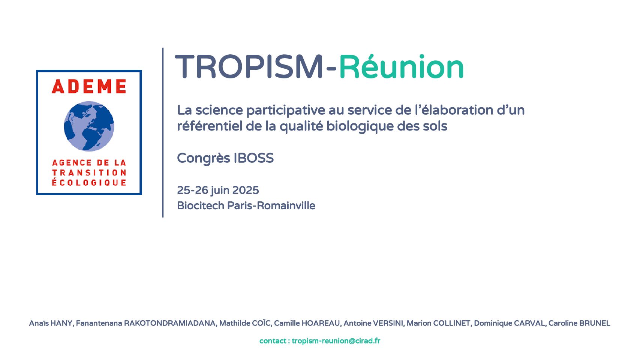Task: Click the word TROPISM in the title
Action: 249,67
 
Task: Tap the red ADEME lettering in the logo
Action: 89,86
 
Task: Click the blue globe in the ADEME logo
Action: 89,126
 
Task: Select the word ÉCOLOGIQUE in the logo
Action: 89,182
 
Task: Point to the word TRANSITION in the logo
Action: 89,172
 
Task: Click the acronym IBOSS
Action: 254,158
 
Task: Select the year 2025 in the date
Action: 246,190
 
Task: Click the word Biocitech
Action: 201,205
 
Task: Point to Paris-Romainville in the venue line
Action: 271,205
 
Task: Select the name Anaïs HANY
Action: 51,323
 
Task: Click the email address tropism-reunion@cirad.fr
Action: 336,341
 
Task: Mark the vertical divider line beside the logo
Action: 163,133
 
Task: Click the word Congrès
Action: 204,158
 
